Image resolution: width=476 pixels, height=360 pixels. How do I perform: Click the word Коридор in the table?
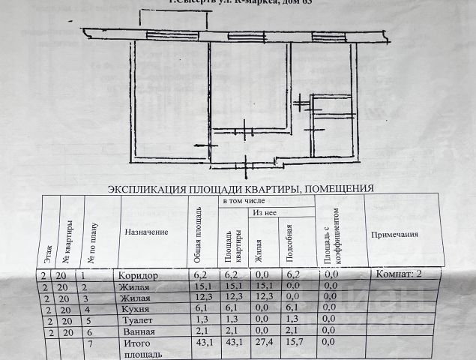(136, 275)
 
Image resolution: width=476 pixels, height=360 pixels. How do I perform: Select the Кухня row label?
(133, 308)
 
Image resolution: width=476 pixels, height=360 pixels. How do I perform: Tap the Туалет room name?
(133, 319)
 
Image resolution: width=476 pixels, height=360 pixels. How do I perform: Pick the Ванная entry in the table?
(136, 331)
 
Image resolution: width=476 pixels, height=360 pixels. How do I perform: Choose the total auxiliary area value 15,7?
(294, 343)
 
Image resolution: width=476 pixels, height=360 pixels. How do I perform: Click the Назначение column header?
(146, 232)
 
